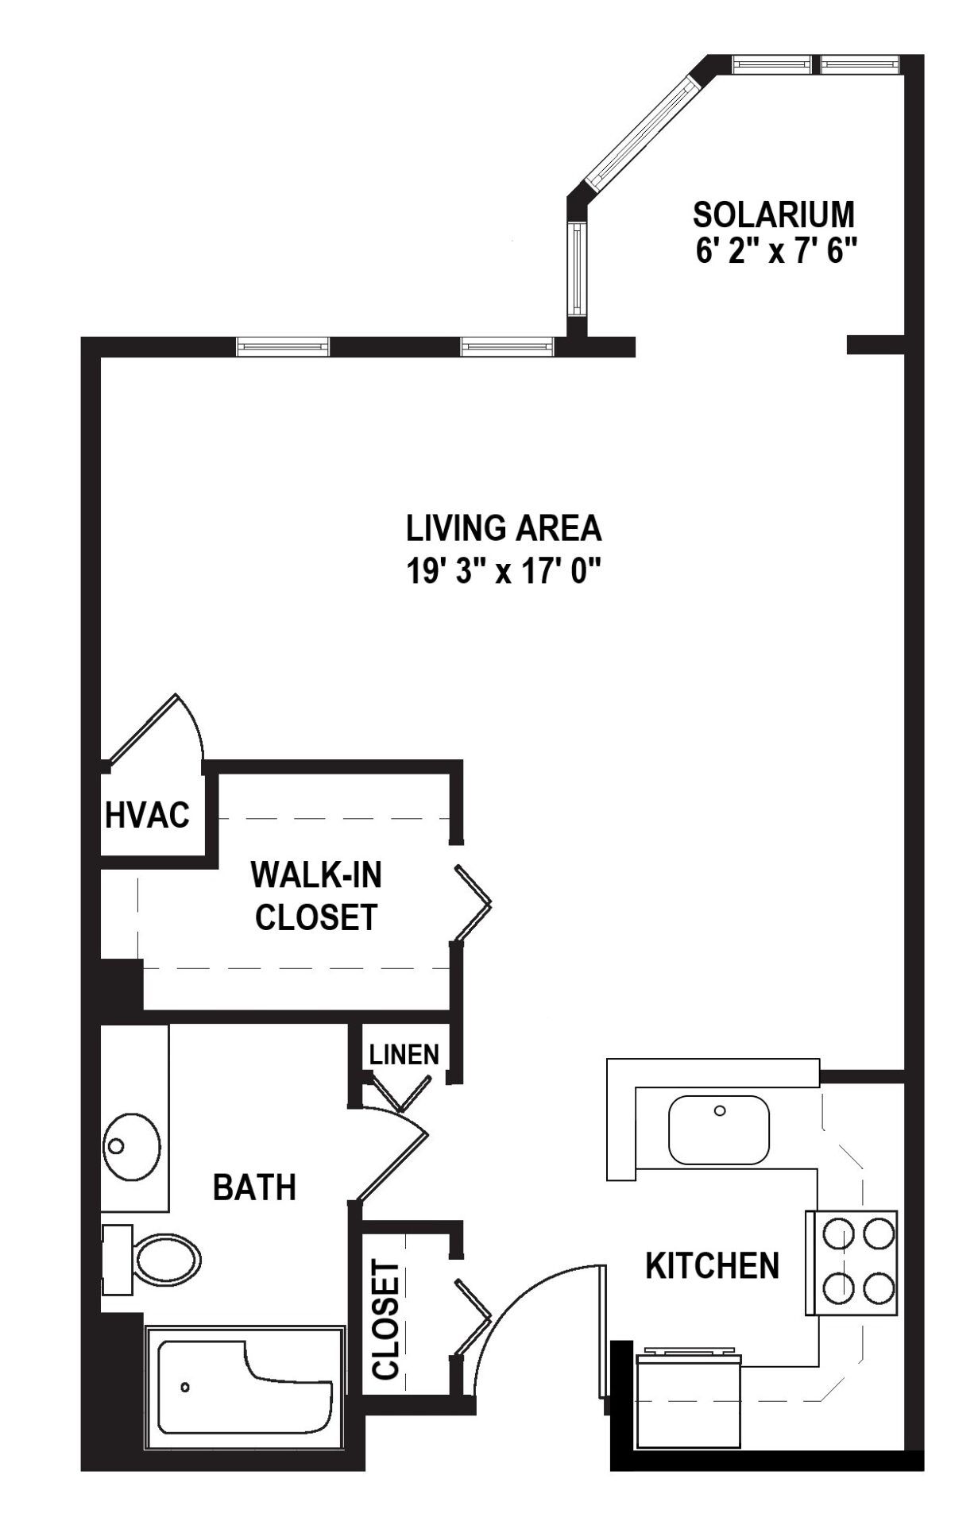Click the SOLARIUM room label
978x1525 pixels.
click(774, 214)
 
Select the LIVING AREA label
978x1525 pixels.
click(504, 528)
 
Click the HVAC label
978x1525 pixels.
click(148, 815)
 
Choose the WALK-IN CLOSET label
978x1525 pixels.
click(316, 895)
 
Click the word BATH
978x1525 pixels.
click(254, 1187)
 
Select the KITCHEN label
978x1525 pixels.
click(712, 1265)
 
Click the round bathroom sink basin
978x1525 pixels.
click(131, 1145)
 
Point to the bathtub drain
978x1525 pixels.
click(185, 1388)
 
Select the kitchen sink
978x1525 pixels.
click(719, 1129)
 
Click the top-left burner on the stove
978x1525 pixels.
click(837, 1234)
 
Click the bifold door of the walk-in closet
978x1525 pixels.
click(473, 904)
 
